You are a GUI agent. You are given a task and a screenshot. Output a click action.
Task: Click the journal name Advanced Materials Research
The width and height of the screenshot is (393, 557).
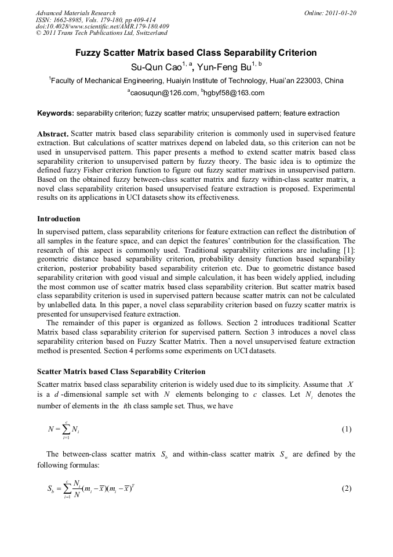click(x=75, y=13)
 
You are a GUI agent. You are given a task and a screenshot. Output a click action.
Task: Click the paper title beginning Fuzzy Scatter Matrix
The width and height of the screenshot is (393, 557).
click(x=196, y=53)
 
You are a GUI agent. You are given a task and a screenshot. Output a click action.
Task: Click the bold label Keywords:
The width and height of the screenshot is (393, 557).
click(x=56, y=113)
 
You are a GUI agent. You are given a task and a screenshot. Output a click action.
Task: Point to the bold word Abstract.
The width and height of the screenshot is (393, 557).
click(x=53, y=134)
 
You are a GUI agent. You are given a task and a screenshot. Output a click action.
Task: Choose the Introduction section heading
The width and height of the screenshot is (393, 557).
click(x=59, y=219)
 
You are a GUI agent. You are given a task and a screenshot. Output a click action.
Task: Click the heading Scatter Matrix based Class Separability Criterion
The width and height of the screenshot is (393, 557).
click(x=121, y=371)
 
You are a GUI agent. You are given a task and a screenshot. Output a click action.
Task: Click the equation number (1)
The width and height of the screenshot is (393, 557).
click(x=346, y=429)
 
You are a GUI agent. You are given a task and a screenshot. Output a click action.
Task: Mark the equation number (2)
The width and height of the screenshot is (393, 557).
click(x=346, y=488)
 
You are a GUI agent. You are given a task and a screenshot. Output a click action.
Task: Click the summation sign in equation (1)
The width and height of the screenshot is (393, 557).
click(x=67, y=430)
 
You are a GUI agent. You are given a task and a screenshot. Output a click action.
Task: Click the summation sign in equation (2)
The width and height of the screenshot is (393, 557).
click(x=67, y=489)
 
